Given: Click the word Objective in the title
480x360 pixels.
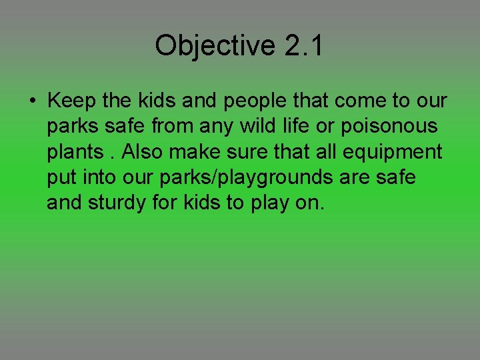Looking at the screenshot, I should point(214,46).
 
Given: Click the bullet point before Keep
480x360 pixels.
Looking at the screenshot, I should point(33,102).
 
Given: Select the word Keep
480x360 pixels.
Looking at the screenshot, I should point(71,101).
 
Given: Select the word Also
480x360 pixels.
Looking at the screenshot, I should point(142,152).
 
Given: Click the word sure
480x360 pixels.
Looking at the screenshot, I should point(250,152).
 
